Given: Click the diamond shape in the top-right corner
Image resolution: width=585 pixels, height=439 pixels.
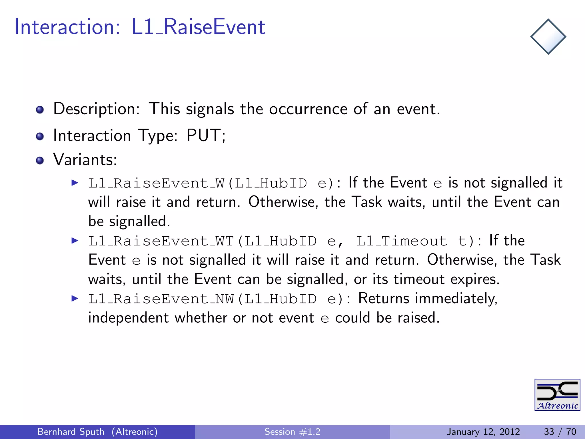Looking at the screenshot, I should pos(548,37).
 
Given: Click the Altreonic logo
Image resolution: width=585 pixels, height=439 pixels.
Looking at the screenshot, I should pos(557,395).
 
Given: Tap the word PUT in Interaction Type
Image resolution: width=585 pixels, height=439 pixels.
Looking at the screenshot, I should pos(203,135).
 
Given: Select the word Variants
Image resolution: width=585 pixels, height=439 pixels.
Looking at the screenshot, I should pos(85,159).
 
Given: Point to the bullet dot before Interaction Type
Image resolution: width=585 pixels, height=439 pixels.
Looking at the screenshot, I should pos(40,136).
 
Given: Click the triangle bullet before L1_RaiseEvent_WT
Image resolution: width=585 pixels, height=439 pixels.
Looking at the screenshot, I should pos(75,240).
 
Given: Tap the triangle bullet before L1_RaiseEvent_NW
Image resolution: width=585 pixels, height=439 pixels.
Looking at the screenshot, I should pos(75,299).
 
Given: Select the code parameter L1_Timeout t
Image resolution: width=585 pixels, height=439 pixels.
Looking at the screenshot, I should pos(411,241).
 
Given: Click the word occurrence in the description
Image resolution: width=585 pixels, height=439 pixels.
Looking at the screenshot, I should pos(308,109).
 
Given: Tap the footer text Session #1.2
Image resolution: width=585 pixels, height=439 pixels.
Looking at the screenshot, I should pos(292,432).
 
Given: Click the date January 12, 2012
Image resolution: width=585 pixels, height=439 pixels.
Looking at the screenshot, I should pos(483,432).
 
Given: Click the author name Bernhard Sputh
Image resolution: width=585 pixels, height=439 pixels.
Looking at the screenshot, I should pos(71,432).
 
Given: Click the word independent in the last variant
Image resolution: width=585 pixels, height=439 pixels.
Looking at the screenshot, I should pos(129,318).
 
